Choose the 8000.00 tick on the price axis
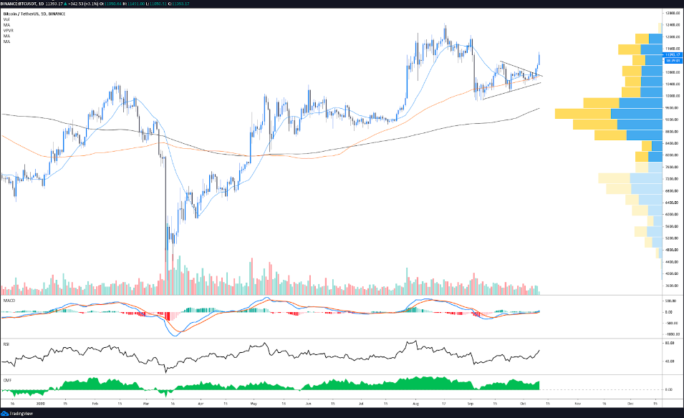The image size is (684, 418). pyautogui.click(x=671, y=155)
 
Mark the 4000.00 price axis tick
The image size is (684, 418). pyautogui.click(x=671, y=273)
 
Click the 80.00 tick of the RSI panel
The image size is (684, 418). pyautogui.click(x=670, y=344)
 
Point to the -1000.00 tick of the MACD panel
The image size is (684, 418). pyautogui.click(x=670, y=334)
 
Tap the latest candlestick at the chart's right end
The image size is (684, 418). pyautogui.click(x=539, y=62)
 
